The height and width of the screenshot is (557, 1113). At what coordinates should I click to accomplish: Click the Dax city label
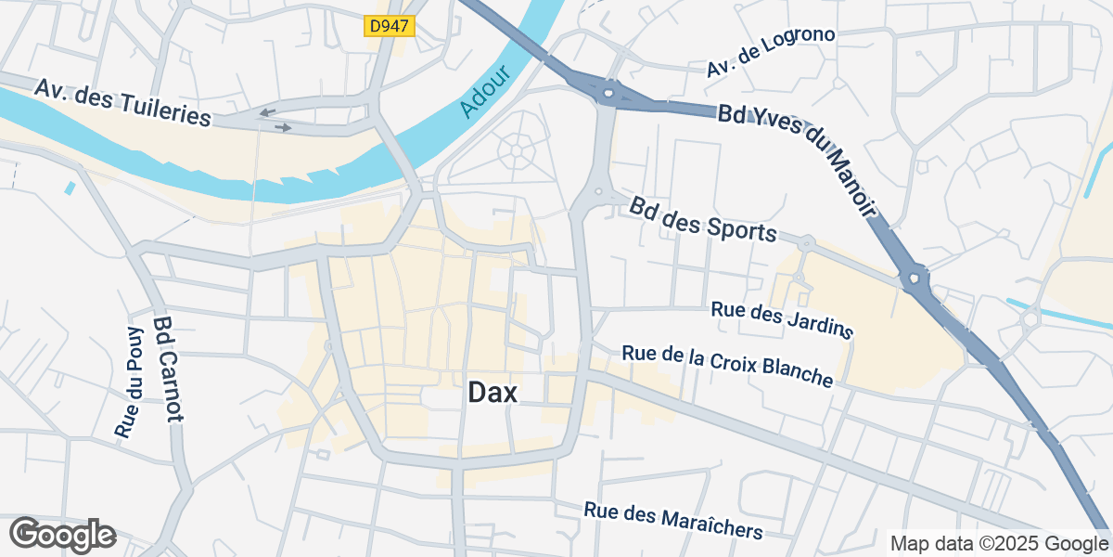[492, 393]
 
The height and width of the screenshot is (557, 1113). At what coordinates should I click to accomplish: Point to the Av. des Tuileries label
[123, 102]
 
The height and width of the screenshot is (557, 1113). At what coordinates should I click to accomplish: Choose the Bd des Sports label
[702, 219]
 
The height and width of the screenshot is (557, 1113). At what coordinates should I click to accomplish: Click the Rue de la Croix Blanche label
[727, 365]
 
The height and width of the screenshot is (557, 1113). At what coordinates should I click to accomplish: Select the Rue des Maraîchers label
[673, 521]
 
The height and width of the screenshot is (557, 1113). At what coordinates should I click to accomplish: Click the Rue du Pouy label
[128, 382]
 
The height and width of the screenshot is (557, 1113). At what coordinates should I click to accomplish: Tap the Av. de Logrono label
[771, 52]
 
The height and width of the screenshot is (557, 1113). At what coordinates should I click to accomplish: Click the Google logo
[62, 535]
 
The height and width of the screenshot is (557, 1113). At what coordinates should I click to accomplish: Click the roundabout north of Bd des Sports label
[598, 192]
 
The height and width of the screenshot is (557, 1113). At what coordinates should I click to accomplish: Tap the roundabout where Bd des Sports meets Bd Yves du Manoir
[916, 277]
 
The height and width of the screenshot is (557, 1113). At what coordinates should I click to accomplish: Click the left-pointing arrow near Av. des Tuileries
[267, 112]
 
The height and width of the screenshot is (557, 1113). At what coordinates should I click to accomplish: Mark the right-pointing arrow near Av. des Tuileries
[283, 127]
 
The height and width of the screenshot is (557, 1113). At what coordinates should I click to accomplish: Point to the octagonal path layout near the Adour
[515, 149]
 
